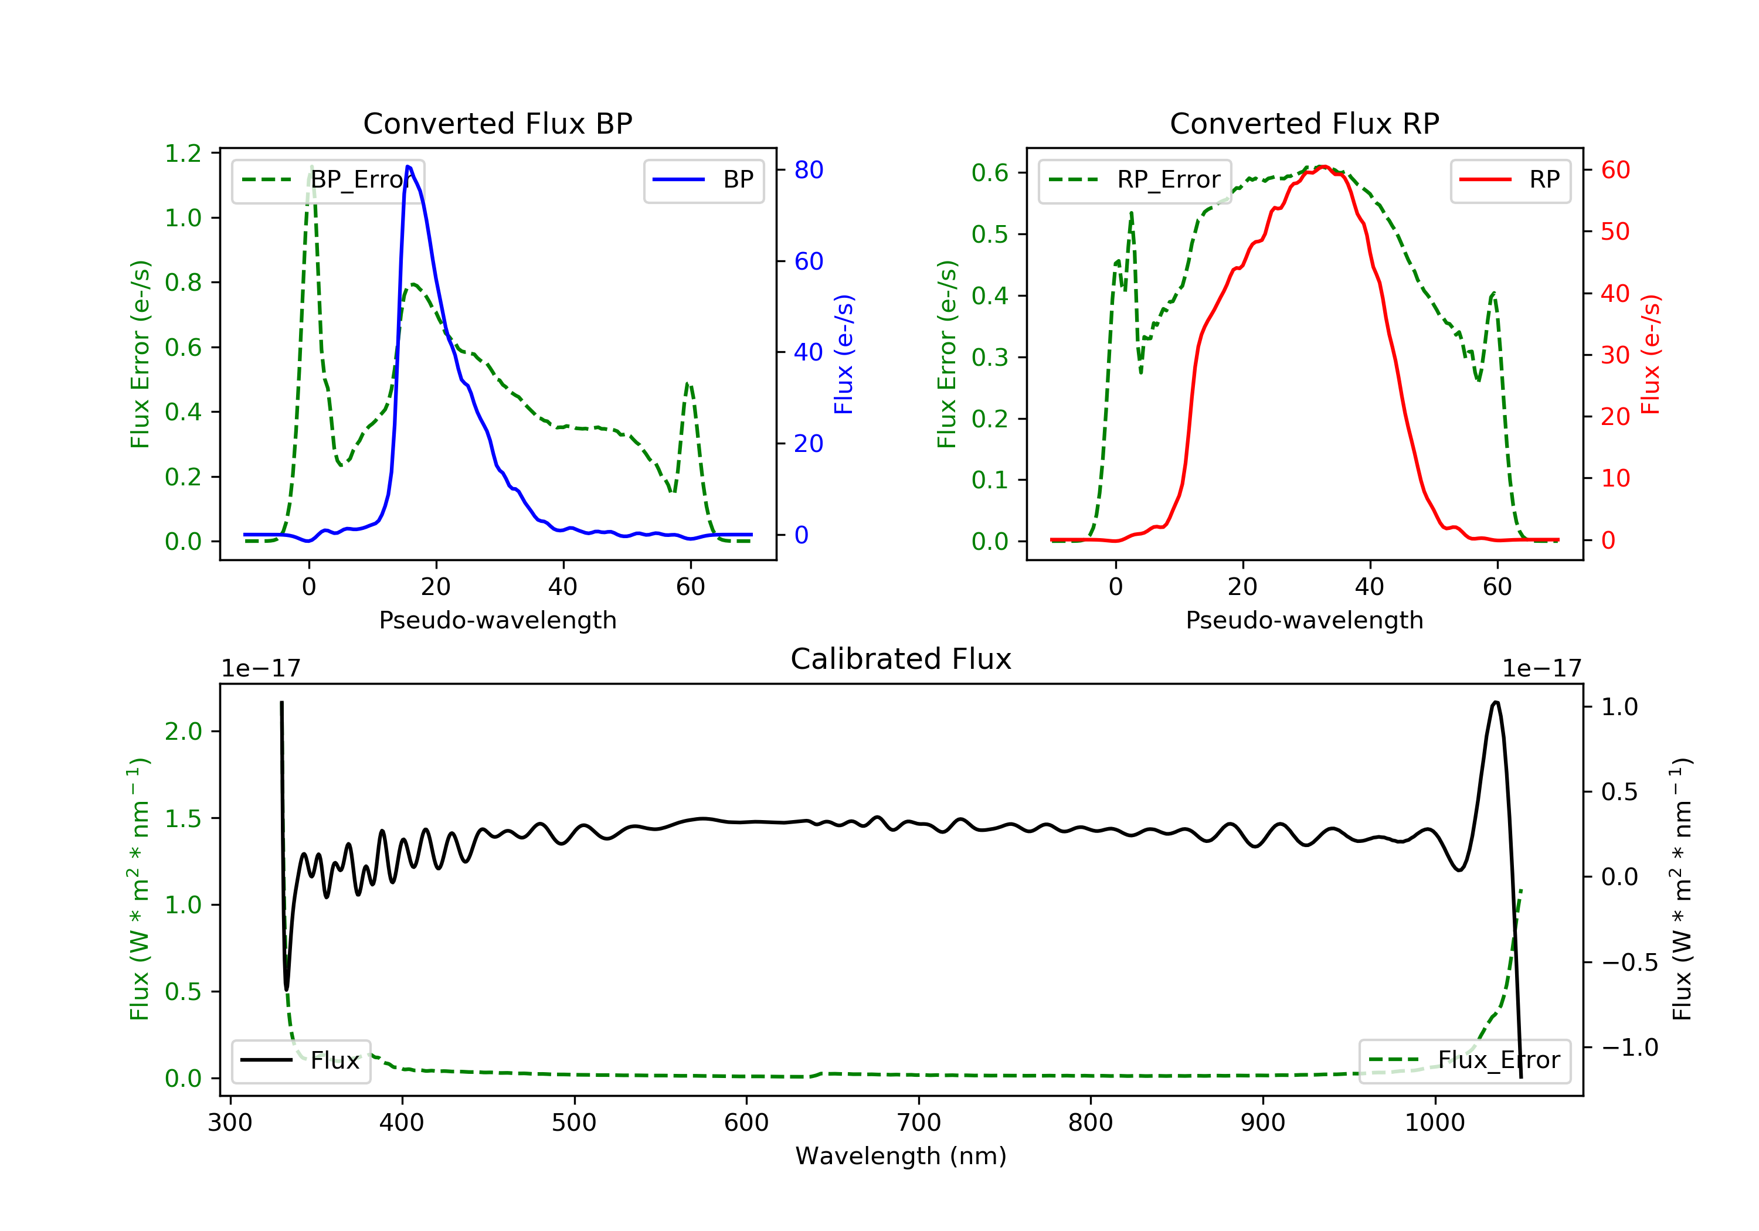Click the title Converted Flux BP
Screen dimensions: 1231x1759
point(497,123)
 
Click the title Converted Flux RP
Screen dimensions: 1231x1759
point(1304,123)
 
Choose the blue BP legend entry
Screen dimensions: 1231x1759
point(703,180)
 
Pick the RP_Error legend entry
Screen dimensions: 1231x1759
point(1135,180)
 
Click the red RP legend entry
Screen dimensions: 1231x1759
point(1510,180)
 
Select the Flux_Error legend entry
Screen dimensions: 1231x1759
point(1464,1060)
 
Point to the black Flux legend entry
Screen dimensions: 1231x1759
point(300,1060)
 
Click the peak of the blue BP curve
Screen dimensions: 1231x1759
point(408,166)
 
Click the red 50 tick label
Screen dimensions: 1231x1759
point(1615,232)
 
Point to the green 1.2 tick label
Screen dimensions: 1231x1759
point(183,153)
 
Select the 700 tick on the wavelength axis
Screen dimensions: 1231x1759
point(919,1123)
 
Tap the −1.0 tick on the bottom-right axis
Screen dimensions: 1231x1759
point(1629,1047)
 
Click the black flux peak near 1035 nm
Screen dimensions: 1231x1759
point(1496,702)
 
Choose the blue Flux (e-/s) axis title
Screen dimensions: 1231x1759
point(844,354)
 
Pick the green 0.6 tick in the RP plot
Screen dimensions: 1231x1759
point(990,172)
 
